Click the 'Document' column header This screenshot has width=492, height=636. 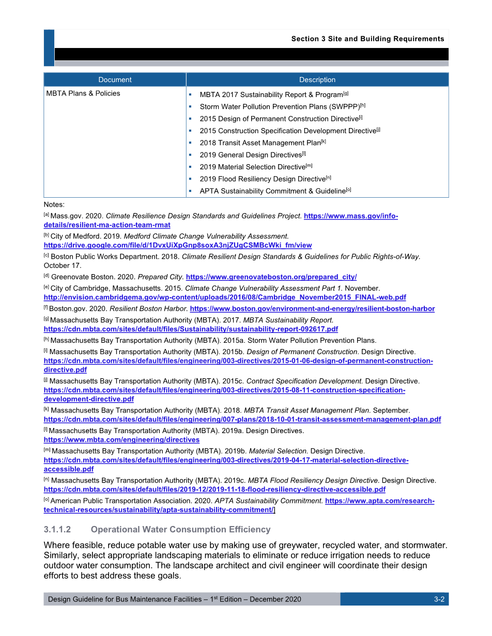115,79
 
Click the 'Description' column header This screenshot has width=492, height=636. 317,79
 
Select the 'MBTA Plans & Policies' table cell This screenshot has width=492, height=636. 83,93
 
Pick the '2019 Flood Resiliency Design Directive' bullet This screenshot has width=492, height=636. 263,179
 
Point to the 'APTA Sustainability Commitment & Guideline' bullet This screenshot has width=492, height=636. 272,191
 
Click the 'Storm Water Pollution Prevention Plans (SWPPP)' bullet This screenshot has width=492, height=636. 280,107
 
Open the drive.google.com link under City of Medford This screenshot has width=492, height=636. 178,245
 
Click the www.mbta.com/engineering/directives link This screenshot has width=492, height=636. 121,440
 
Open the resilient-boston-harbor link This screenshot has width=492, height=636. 312,309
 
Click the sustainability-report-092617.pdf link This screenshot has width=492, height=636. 191,329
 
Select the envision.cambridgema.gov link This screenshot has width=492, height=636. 225,297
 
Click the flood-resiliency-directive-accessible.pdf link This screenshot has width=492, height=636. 214,489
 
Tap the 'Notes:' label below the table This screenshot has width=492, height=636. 54,205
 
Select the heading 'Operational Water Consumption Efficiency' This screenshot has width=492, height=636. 180,530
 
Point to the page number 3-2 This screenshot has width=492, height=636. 439,599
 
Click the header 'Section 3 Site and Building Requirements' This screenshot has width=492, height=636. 367,39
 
